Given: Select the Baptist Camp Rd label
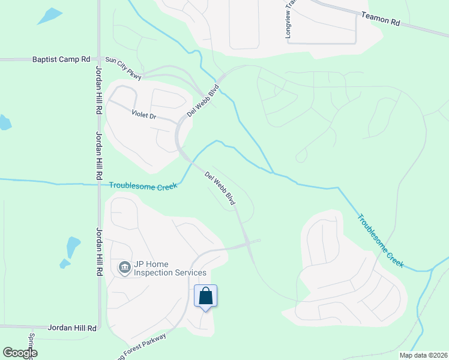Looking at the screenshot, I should [61, 60].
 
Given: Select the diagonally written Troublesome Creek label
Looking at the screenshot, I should [381, 241].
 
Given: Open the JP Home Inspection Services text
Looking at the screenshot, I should [169, 268].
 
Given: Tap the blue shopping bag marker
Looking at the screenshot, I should [205, 296].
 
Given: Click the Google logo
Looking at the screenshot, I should [20, 353].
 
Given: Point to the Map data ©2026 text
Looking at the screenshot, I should [423, 355].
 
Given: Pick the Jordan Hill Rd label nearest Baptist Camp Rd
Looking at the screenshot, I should [98, 96].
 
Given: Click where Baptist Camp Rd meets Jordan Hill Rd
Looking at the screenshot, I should [98, 60].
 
